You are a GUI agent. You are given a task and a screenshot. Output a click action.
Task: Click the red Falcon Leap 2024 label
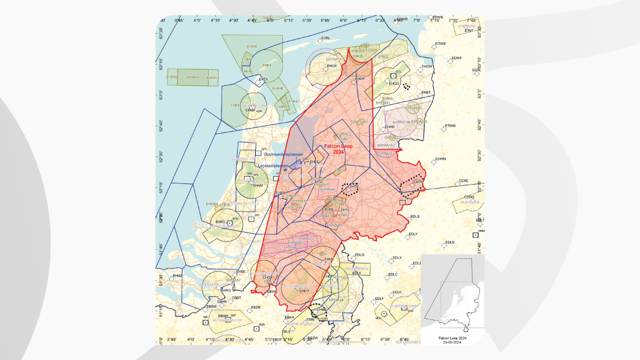pyautogui.click(x=338, y=149)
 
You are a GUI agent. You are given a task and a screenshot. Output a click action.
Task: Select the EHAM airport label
pyautogui.click(x=258, y=185)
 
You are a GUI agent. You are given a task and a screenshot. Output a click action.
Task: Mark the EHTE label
pyautogui.click(x=354, y=186)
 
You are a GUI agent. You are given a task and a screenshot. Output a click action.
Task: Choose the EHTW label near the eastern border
pyautogui.click(x=418, y=182)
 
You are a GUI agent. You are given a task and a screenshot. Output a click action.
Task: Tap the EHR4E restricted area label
pyautogui.click(x=252, y=46)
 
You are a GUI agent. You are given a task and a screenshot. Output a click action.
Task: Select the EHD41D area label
pyautogui.click(x=194, y=77)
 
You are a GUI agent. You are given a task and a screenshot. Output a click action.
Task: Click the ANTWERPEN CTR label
pyautogui.click(x=227, y=321)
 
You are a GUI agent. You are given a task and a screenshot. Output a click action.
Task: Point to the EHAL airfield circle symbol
pyautogui.click(x=321, y=42)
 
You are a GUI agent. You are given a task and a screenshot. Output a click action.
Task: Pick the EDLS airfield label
pyautogui.click(x=415, y=217)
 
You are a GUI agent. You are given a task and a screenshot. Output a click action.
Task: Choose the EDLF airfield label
pyautogui.click(x=379, y=299)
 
